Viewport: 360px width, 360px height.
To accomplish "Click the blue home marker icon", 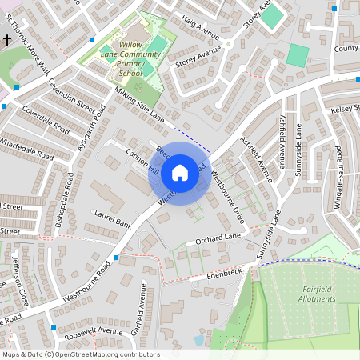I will point(180,172).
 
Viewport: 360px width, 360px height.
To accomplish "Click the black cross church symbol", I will point(6,38).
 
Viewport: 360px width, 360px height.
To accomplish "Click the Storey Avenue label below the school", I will point(198,62).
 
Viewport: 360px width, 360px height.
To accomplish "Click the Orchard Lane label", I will point(218,239).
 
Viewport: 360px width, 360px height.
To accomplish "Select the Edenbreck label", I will point(223,274).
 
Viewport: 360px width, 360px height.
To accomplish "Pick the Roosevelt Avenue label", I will point(95,330).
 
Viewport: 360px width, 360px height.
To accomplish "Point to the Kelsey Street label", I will point(345,107).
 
